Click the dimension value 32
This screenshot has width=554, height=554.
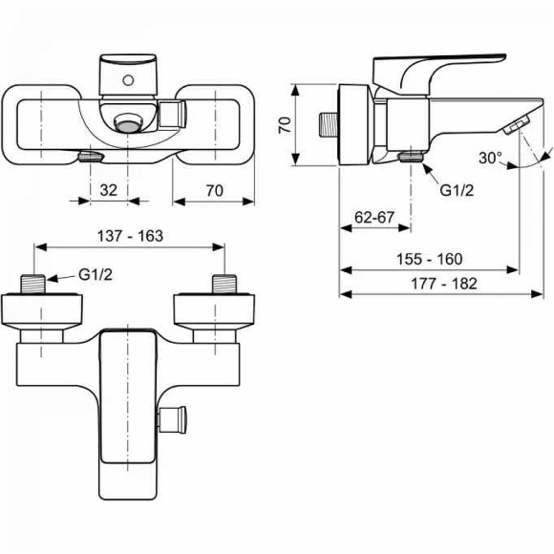pos(108,190)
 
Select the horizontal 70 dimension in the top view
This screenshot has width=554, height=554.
pos(214,190)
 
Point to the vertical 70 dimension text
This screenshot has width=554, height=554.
pos(284,126)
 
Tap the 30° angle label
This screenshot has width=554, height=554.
pos(491,159)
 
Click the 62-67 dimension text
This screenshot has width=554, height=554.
pos(374,218)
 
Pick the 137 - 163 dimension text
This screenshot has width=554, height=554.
pos(131,236)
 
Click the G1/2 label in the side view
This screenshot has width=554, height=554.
pos(457,190)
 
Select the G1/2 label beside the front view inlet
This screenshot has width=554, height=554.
pos(96,275)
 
